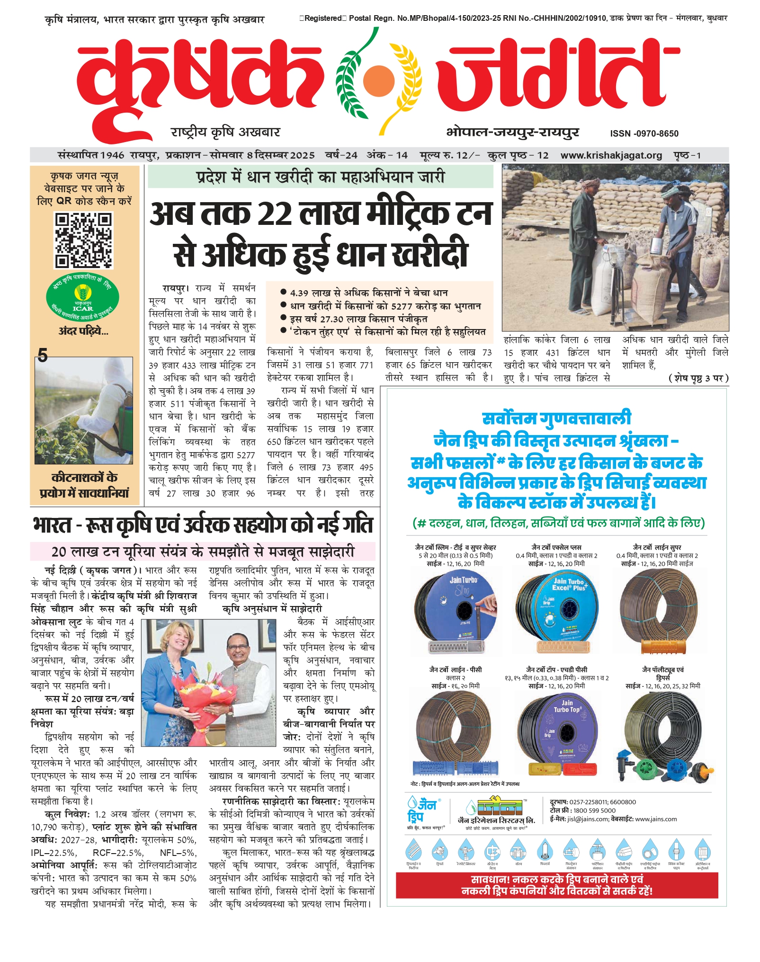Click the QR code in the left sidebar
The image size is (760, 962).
point(83,240)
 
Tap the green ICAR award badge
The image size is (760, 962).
point(82,298)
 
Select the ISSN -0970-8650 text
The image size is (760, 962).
point(644,134)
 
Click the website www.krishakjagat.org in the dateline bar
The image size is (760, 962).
point(611,155)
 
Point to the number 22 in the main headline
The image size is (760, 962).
point(275,214)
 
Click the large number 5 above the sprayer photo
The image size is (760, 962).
point(43,355)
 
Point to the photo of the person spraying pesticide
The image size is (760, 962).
point(83,410)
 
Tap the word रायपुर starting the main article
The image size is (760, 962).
point(174,288)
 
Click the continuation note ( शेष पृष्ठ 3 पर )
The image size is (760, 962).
point(698,378)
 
